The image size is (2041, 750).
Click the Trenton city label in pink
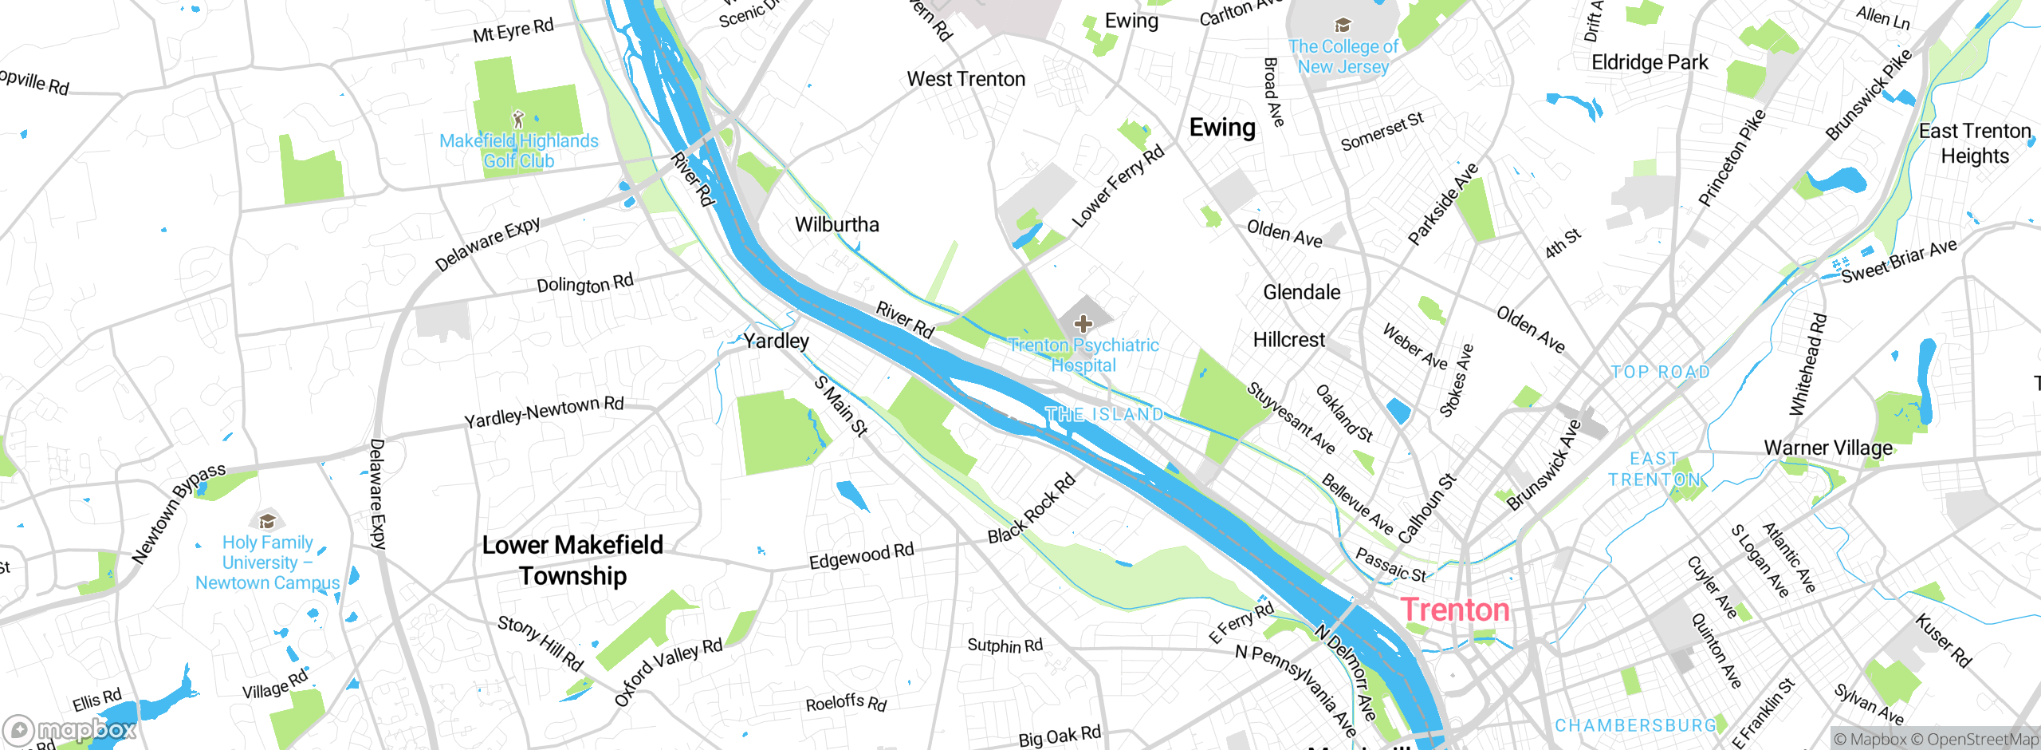(1455, 610)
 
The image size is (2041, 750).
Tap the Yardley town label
(776, 341)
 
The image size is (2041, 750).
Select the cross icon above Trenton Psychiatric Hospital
(1083, 323)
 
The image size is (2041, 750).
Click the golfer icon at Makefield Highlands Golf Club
(518, 120)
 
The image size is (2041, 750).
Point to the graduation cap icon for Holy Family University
(267, 521)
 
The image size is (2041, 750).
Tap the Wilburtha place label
(837, 225)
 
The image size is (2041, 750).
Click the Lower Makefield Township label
(572, 560)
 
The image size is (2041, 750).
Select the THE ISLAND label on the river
(1104, 415)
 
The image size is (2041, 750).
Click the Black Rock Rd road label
(1032, 509)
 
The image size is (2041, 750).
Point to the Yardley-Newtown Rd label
(544, 412)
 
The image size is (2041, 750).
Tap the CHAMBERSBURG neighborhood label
(1635, 726)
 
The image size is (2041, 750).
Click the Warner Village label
(1828, 448)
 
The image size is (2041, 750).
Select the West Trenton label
(966, 79)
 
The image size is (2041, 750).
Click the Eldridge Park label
(1650, 62)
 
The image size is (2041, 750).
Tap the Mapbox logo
(70, 730)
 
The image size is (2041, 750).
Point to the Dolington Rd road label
(584, 284)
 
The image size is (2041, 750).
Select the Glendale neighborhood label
(1301, 292)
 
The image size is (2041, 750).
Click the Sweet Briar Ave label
(1899, 261)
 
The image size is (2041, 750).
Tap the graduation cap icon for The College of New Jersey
(1343, 26)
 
